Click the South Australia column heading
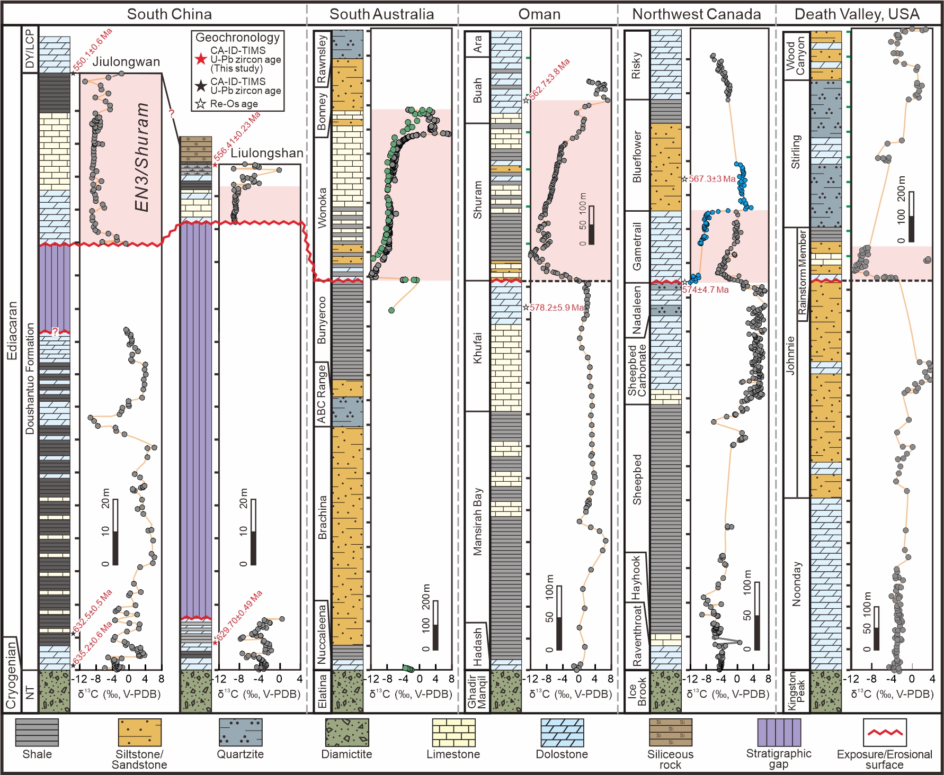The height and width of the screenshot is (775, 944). tap(381, 14)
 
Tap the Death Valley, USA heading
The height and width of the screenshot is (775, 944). tap(857, 14)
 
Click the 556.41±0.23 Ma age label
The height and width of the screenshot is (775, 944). tap(237, 137)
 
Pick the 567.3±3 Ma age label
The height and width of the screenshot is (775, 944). tap(711, 179)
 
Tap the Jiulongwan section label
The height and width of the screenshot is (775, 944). tap(126, 62)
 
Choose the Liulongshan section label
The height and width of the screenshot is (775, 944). tap(266, 154)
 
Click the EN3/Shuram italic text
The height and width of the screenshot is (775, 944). tap(142, 157)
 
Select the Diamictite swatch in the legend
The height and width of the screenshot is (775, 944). tap(346, 732)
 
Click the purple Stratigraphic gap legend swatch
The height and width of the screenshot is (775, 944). tap(779, 732)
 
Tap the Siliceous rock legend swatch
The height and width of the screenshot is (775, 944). tap(670, 732)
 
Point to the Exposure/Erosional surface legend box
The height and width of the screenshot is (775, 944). tap(884, 732)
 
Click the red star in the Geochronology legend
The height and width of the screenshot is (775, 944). tap(200, 59)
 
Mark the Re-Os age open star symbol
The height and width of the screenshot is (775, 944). tap(200, 104)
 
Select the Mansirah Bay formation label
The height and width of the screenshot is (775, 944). tap(478, 521)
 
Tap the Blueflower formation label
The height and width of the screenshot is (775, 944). tap(637, 157)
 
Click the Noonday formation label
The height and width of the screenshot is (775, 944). tap(797, 584)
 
